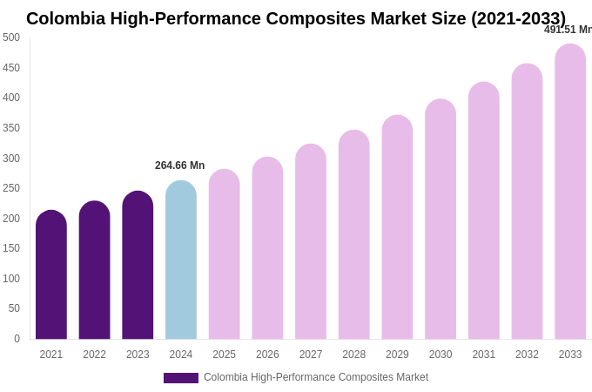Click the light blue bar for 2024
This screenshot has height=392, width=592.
(181, 261)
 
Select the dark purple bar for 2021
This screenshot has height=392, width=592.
(51, 275)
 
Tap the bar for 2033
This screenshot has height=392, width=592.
(570, 192)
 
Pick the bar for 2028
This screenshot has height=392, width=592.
(354, 235)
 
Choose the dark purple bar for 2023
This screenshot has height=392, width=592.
(138, 266)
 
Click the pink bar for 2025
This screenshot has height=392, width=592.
(224, 254)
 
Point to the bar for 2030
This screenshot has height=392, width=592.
(441, 220)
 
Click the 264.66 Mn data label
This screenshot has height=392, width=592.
(180, 166)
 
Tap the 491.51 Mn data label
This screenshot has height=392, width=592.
(568, 30)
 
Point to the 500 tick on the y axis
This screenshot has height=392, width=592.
(11, 37)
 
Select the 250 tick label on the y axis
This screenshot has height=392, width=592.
(11, 188)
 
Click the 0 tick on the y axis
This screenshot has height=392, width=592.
(17, 339)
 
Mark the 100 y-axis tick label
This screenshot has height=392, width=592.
(11, 279)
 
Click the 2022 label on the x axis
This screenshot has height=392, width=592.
(94, 355)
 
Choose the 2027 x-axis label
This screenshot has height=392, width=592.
(311, 355)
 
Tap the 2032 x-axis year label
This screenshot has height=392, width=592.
(527, 355)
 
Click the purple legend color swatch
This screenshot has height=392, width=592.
(181, 378)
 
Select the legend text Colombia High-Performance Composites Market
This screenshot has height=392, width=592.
(316, 377)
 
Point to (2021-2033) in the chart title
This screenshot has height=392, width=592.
(518, 18)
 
